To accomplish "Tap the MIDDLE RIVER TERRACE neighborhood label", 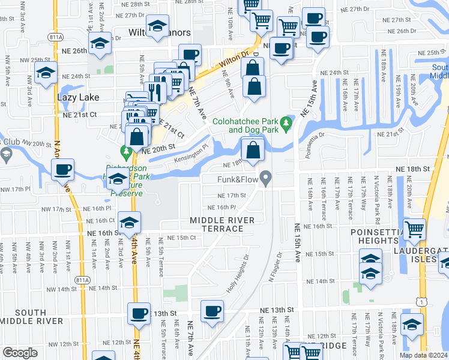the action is [x=223, y=224].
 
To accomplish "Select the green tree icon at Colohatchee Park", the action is [x=286, y=124].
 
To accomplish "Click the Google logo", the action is [x=20, y=353].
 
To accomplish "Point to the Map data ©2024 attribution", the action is [x=424, y=355].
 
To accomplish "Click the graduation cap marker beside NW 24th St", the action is [x=46, y=73].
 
